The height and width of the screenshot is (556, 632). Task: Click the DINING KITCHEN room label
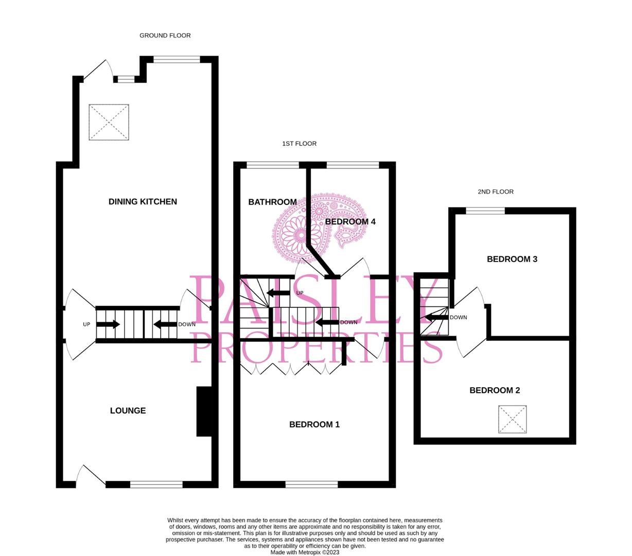143,202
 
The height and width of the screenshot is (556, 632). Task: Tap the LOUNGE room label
128,410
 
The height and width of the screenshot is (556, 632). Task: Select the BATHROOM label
272,202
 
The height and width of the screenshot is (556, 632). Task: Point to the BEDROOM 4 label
350,221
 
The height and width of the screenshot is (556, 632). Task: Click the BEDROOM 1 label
314,424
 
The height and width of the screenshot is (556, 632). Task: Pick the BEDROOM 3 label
512,259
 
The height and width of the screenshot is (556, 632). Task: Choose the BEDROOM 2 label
494,390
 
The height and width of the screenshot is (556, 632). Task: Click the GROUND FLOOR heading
165,36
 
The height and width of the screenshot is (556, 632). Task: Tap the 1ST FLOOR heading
299,144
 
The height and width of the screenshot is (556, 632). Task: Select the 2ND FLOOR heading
495,192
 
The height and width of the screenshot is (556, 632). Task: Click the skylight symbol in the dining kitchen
109,122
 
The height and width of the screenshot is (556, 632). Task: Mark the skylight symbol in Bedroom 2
512,419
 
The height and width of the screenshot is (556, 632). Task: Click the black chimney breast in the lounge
204,411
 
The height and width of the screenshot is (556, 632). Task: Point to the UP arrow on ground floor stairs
108,324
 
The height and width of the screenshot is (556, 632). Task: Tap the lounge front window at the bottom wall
156,484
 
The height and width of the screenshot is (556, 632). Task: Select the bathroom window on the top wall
272,165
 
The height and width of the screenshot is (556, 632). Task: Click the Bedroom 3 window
485,210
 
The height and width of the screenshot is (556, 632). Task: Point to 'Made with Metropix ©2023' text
305,552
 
